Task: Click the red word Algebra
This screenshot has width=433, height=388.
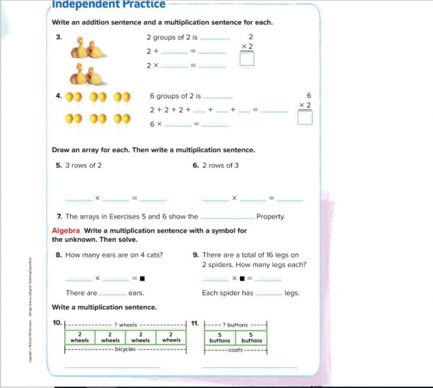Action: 66,231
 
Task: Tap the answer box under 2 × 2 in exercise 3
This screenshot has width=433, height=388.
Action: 247,59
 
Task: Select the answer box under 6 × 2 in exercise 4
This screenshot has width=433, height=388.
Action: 305,118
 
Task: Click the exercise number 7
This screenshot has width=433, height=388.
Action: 59,217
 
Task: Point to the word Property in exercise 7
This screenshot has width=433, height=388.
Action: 271,217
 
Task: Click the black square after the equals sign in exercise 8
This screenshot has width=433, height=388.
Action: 142,278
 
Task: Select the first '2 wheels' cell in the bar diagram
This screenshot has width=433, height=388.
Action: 80,338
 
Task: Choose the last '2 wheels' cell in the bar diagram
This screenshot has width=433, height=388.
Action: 171,338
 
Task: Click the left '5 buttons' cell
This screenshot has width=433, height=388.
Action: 220,338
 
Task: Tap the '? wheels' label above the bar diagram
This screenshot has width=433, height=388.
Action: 126,325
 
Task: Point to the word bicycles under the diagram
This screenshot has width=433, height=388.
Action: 125,349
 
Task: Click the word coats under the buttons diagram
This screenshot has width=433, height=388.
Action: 236,350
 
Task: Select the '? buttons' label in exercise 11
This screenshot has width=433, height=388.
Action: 235,325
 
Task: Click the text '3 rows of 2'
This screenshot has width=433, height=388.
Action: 83,165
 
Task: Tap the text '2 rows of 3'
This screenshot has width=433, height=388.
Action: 220,165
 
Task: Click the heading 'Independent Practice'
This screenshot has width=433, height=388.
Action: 108,5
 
